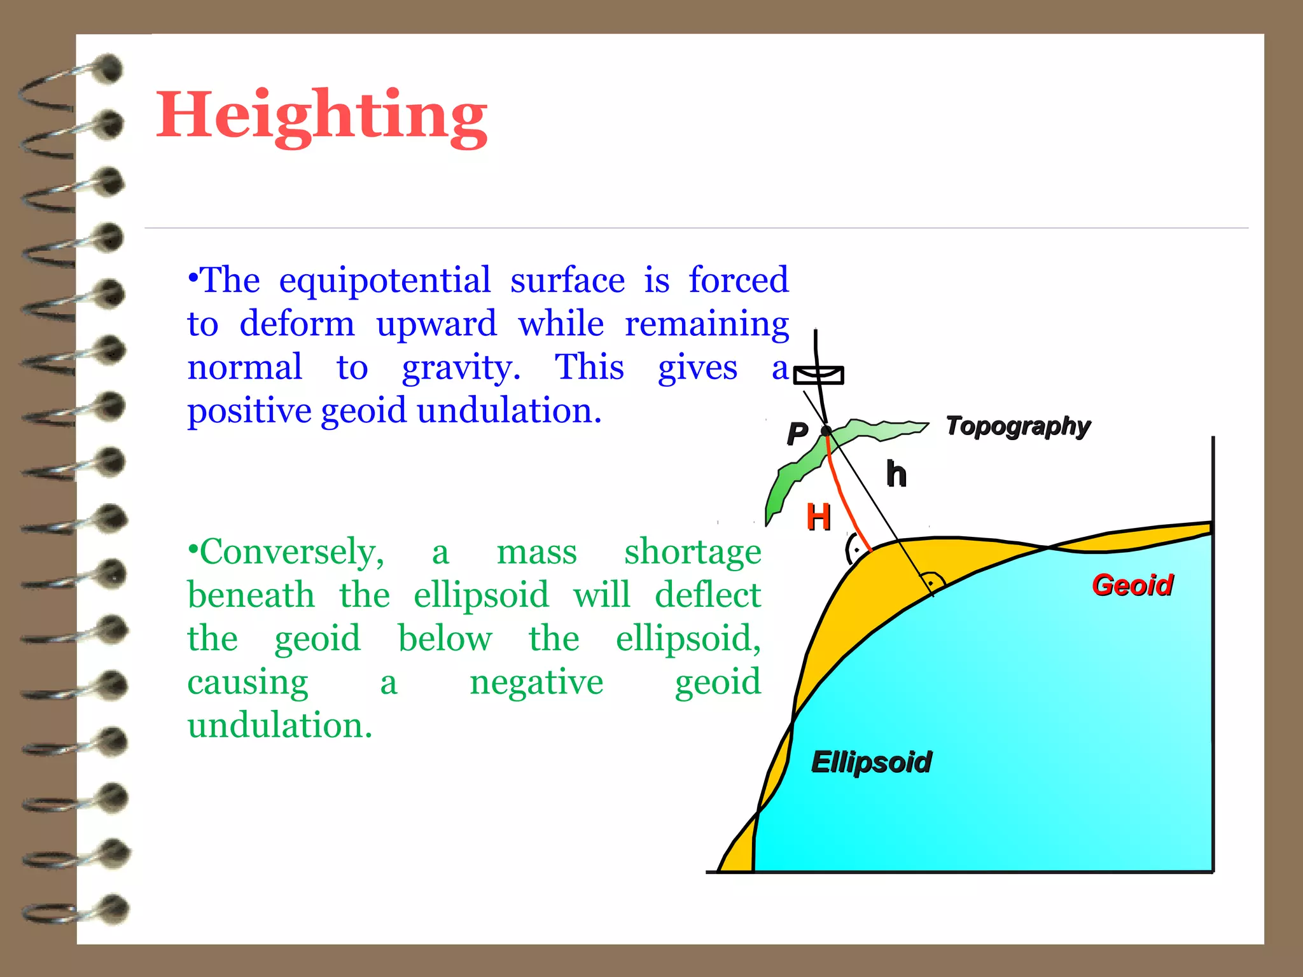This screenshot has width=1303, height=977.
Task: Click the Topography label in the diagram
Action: [1018, 426]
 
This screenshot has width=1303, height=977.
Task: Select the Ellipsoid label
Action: [871, 762]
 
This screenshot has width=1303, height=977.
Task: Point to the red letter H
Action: [818, 516]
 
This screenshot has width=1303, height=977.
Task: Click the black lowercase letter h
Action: [896, 475]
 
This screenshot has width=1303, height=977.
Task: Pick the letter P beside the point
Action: [797, 434]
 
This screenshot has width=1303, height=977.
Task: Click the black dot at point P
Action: [826, 431]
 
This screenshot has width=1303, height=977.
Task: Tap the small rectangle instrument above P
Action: [819, 375]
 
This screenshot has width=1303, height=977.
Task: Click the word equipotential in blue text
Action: [384, 281]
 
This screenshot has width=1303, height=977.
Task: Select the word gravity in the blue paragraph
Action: [461, 368]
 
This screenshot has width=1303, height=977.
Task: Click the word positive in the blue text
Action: [251, 411]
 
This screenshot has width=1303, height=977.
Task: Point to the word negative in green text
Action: [536, 682]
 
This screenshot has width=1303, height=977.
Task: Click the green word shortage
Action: [692, 551]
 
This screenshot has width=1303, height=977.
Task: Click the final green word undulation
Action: [279, 725]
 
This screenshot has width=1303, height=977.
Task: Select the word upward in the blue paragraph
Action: [436, 324]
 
